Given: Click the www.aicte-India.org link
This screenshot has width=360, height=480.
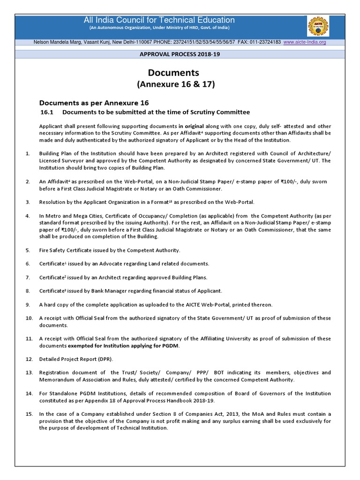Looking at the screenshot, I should coord(304,42).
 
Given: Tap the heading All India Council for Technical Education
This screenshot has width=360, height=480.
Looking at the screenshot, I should coord(159,20).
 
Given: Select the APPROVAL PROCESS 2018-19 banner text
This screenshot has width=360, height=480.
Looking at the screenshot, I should coord(180,54).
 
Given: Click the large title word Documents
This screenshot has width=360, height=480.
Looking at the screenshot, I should coord(173,73).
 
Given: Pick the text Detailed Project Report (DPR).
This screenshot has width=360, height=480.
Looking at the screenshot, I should coord(76,359).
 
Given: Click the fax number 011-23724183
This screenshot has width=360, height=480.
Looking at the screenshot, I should coord(266,42).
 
